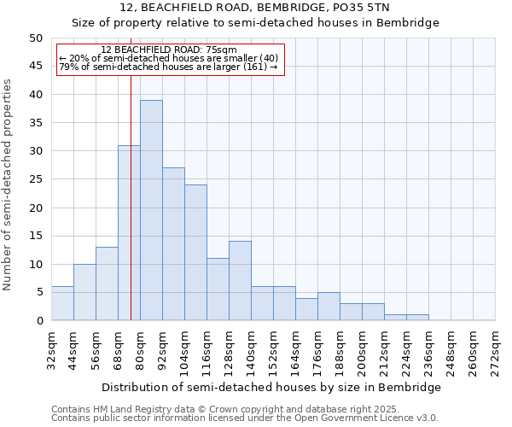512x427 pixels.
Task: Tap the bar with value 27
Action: [x=173, y=243]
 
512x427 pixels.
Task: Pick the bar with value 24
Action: [x=195, y=252]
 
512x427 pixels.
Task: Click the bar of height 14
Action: [x=240, y=281]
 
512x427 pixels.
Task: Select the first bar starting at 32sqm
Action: [x=62, y=303]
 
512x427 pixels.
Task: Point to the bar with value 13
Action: [x=107, y=284]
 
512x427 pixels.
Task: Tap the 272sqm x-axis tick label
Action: [x=496, y=349]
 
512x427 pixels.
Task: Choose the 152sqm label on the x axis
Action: [x=274, y=349]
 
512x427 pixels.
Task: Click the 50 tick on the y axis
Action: [x=35, y=38]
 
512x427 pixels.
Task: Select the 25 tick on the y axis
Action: [x=35, y=179]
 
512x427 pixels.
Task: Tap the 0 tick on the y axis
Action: [x=38, y=321]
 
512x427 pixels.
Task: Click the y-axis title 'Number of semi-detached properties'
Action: [x=9, y=184]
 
